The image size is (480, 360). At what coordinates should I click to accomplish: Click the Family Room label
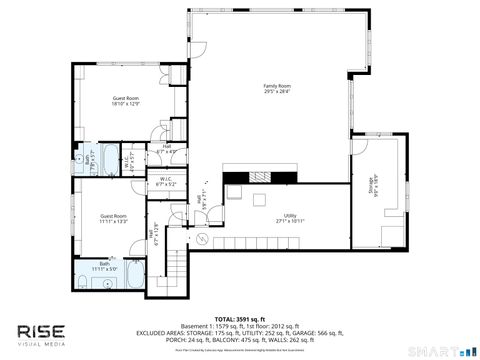pos(276,89)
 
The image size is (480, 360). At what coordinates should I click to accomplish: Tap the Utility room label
pos(290,218)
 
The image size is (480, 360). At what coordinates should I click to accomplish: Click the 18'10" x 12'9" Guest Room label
pos(125,101)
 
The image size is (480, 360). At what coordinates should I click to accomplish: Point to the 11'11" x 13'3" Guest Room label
pos(113,219)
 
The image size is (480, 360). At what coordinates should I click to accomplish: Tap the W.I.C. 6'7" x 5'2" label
pos(166,183)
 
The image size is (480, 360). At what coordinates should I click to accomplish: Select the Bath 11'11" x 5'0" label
pos(105,267)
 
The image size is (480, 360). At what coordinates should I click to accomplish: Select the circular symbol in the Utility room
pos(199,240)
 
